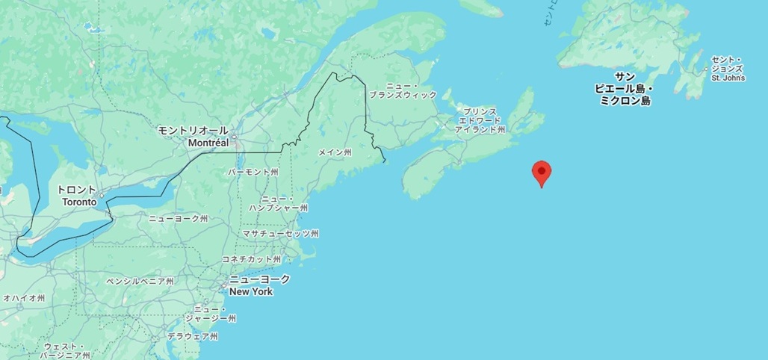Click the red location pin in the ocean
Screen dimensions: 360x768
click(x=542, y=173)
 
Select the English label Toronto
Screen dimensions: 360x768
click(x=79, y=202)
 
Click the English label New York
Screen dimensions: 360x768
click(x=251, y=291)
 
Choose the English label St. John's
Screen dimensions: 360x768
click(x=728, y=78)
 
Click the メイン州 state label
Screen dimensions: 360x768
click(x=334, y=152)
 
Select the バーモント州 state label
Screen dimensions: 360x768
click(x=253, y=172)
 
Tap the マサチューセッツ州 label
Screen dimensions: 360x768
click(x=280, y=234)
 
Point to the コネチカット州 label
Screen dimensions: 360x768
click(x=251, y=259)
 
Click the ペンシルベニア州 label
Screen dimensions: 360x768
click(x=140, y=282)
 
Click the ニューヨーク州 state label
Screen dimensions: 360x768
click(x=178, y=218)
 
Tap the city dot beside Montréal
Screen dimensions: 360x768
click(x=234, y=137)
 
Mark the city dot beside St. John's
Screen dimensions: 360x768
click(x=706, y=69)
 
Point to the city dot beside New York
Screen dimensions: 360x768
click(x=223, y=285)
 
